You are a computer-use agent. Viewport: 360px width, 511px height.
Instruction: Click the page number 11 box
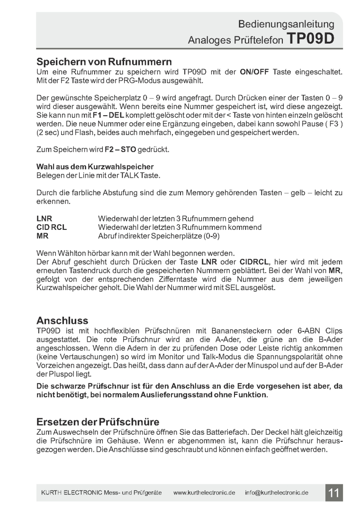[x=334, y=493]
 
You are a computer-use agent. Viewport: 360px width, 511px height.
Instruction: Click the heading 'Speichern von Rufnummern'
[x=104, y=62]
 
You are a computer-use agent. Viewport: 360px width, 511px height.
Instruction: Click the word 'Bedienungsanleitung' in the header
[x=286, y=24]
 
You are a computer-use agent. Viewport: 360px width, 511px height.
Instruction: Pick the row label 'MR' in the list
[x=43, y=236]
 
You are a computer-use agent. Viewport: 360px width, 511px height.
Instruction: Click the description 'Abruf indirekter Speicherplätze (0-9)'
[x=159, y=236]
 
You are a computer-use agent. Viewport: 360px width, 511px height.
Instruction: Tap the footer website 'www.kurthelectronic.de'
[x=204, y=493]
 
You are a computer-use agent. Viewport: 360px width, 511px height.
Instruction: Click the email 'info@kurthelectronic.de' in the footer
[x=277, y=493]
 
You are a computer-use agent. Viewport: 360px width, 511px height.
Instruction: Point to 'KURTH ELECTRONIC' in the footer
[x=70, y=493]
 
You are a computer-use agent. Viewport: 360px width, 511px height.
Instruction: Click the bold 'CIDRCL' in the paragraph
[x=254, y=262]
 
